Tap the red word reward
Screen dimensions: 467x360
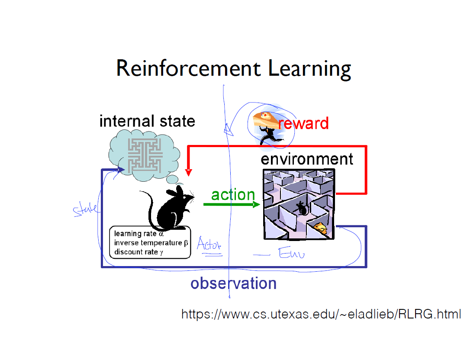pyautogui.click(x=303, y=123)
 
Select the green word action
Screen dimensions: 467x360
pyautogui.click(x=233, y=195)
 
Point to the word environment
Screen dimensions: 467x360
pyautogui.click(x=307, y=159)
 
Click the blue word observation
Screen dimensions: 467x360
pyautogui.click(x=233, y=283)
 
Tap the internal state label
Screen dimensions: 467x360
pyautogui.click(x=147, y=121)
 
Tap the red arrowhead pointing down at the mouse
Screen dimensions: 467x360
pyautogui.click(x=188, y=172)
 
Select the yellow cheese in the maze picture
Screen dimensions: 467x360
pyautogui.click(x=320, y=228)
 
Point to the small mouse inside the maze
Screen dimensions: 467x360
pyautogui.click(x=302, y=209)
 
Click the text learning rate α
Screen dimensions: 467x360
pyautogui.click(x=138, y=234)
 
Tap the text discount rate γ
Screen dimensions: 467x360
pyautogui.click(x=138, y=252)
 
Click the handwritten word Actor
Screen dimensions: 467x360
pyautogui.click(x=209, y=245)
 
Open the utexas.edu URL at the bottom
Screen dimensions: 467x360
pyautogui.click(x=321, y=314)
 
